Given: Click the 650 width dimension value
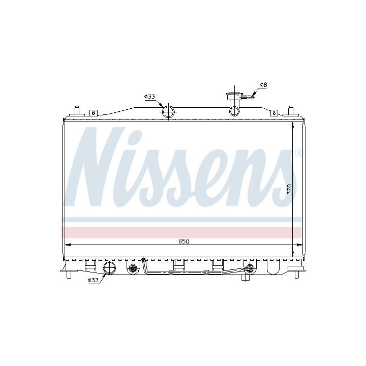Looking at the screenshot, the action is click(x=184, y=241).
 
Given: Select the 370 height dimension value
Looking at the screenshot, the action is click(x=289, y=189).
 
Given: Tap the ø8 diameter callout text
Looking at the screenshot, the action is click(x=263, y=85).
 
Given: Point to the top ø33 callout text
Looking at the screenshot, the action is click(x=150, y=97).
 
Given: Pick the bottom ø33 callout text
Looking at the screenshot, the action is click(x=93, y=280).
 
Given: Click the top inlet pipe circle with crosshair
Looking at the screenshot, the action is click(x=168, y=111).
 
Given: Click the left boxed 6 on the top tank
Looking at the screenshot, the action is click(x=94, y=113).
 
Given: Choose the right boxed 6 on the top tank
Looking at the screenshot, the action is click(x=274, y=113).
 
